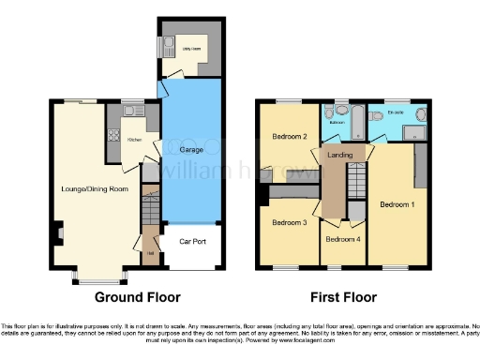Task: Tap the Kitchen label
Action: coord(133,139)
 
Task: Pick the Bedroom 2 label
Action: coord(290,137)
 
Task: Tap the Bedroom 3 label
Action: coord(290,223)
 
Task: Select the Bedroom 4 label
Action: coord(343,239)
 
